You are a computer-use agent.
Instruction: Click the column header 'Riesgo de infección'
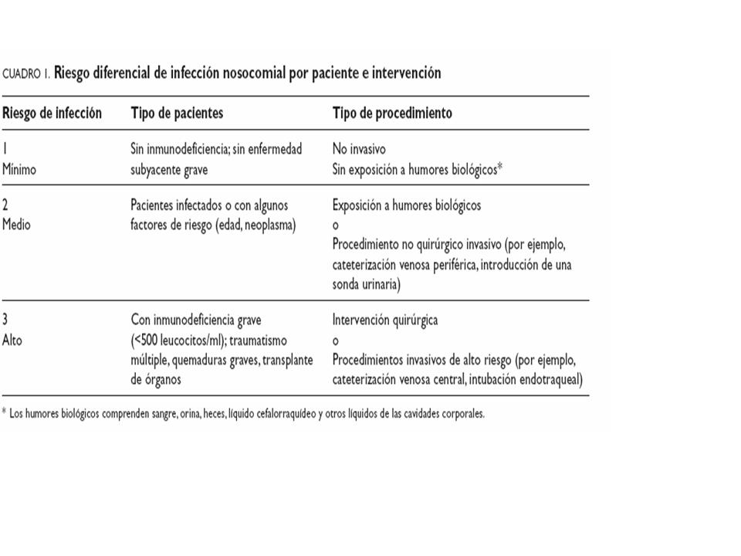(x=52, y=113)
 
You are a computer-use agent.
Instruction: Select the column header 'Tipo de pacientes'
(x=177, y=113)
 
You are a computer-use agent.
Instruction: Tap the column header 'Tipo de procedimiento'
(x=392, y=113)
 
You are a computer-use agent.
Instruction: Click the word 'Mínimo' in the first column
(x=20, y=169)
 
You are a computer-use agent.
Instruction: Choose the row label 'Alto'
(x=13, y=339)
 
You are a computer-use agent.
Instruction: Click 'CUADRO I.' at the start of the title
(x=26, y=74)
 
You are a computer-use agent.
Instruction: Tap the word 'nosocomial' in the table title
(x=257, y=73)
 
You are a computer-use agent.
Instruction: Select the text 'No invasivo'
(x=359, y=149)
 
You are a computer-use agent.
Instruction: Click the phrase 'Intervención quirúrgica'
(x=384, y=319)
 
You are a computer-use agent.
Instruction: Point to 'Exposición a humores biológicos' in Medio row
(x=406, y=205)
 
